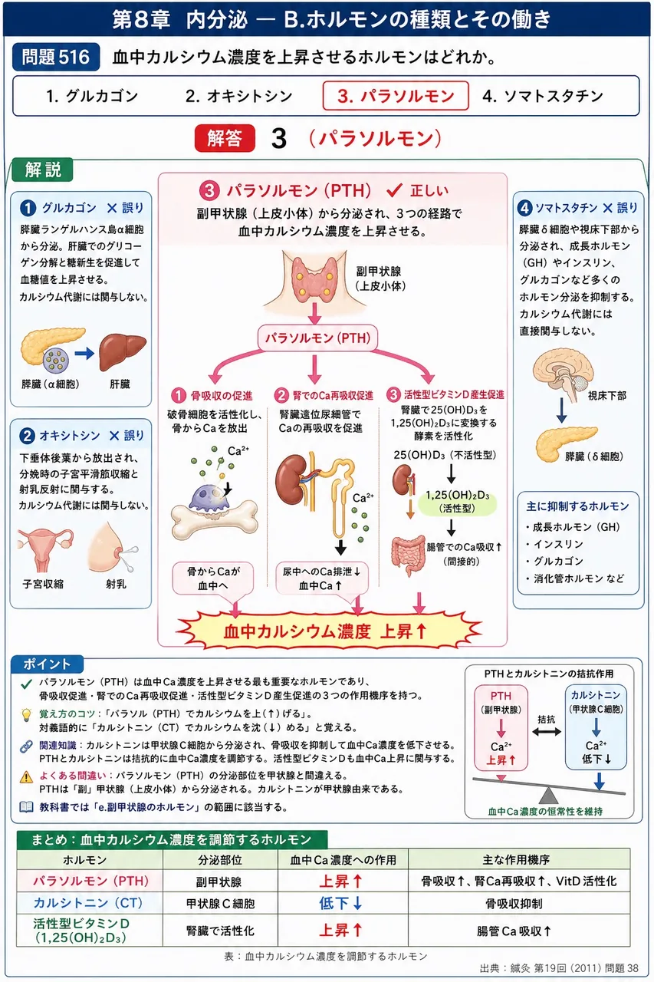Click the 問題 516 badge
click(x=56, y=57)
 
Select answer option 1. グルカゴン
click(x=93, y=96)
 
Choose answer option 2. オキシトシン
click(x=238, y=96)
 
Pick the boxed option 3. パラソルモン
click(x=396, y=96)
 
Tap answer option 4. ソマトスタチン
click(x=543, y=96)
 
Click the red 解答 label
click(x=225, y=138)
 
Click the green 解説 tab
click(x=42, y=170)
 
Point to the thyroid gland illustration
click(x=314, y=278)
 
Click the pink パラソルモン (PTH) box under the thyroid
click(x=317, y=338)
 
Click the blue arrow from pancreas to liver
click(x=84, y=353)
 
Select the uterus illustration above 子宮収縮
click(x=44, y=549)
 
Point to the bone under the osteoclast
click(x=214, y=520)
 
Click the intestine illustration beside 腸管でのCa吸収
click(x=408, y=555)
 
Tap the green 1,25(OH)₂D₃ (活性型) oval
click(x=457, y=502)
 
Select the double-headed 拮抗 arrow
click(x=546, y=731)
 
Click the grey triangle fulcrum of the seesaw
click(x=548, y=795)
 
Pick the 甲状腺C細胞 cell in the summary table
click(x=220, y=903)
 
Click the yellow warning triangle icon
click(x=27, y=777)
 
